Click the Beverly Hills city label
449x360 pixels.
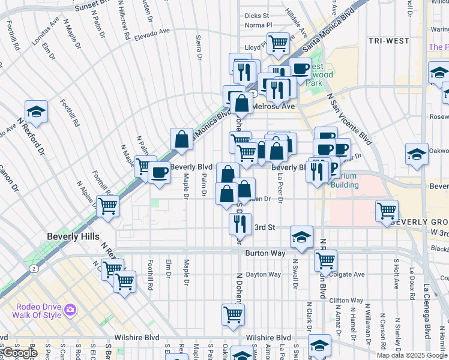click(x=74, y=236)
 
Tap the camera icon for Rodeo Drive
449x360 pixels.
click(x=70, y=310)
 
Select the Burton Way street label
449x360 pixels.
click(x=264, y=253)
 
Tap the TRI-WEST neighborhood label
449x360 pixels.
click(x=390, y=41)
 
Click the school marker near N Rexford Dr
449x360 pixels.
click(x=36, y=112)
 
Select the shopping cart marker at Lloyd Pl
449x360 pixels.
click(x=278, y=43)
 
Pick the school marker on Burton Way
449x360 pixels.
click(x=301, y=236)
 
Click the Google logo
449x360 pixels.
click(x=20, y=353)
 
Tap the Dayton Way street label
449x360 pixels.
click(x=264, y=274)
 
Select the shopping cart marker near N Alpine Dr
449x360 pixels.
click(x=107, y=206)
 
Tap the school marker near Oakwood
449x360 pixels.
click(x=417, y=154)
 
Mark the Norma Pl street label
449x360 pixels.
click(x=259, y=25)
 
